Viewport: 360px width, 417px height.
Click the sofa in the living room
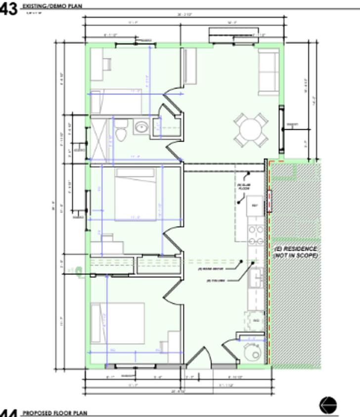pyautogui.click(x=269, y=71)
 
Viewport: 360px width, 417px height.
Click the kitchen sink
pyautogui.click(x=257, y=278)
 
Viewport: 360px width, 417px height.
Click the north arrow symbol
pyautogui.click(x=328, y=405)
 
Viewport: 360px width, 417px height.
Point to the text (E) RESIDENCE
pyautogui.click(x=296, y=249)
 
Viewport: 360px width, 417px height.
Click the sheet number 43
pyautogui.click(x=9, y=8)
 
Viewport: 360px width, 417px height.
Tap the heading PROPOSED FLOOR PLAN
pyautogui.click(x=55, y=413)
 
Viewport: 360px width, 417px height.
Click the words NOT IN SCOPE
pyautogui.click(x=296, y=255)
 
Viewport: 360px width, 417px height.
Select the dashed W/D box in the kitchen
pyautogui.click(x=256, y=320)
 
